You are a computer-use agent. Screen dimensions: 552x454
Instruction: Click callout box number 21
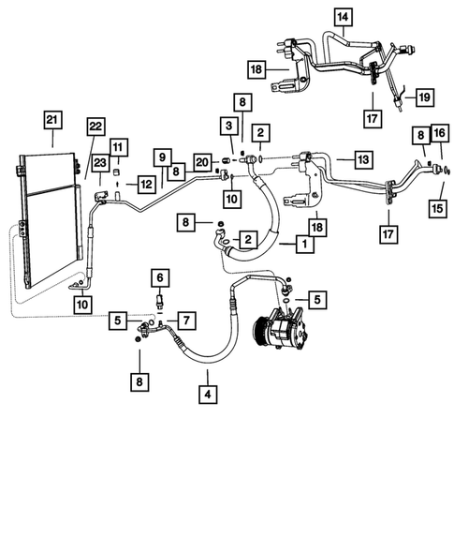point(51,120)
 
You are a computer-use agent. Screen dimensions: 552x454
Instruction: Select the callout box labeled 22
point(95,127)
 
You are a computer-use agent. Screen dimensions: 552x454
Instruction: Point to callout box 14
point(343,16)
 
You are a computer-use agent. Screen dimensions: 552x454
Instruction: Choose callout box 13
point(364,158)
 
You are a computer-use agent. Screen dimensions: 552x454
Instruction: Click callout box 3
point(227,126)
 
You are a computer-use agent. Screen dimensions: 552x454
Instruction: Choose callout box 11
point(118,146)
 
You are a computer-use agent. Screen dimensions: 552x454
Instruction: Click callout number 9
point(161,159)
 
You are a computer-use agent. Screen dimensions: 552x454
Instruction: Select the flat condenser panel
point(47,225)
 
